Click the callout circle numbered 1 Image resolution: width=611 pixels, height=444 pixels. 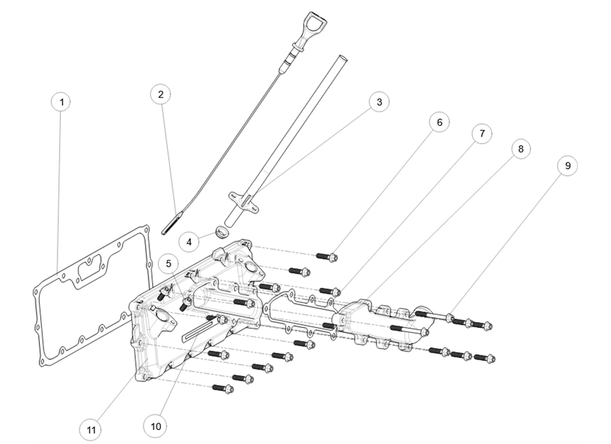(x=62, y=102)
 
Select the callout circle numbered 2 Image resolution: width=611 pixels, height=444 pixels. (x=161, y=94)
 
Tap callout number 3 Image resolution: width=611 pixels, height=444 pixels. (x=379, y=102)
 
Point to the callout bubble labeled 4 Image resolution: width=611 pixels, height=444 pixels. (x=189, y=242)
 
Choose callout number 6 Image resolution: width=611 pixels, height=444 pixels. (x=439, y=123)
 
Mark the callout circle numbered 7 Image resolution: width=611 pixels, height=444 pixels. (x=482, y=134)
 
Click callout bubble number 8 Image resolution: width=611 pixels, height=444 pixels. (x=520, y=149)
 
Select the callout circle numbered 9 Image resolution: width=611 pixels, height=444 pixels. (x=567, y=165)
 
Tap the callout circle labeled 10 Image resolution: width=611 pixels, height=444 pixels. (x=156, y=426)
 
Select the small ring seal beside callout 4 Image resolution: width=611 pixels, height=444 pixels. (x=222, y=231)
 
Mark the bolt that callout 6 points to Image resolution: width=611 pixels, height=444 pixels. (x=327, y=256)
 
